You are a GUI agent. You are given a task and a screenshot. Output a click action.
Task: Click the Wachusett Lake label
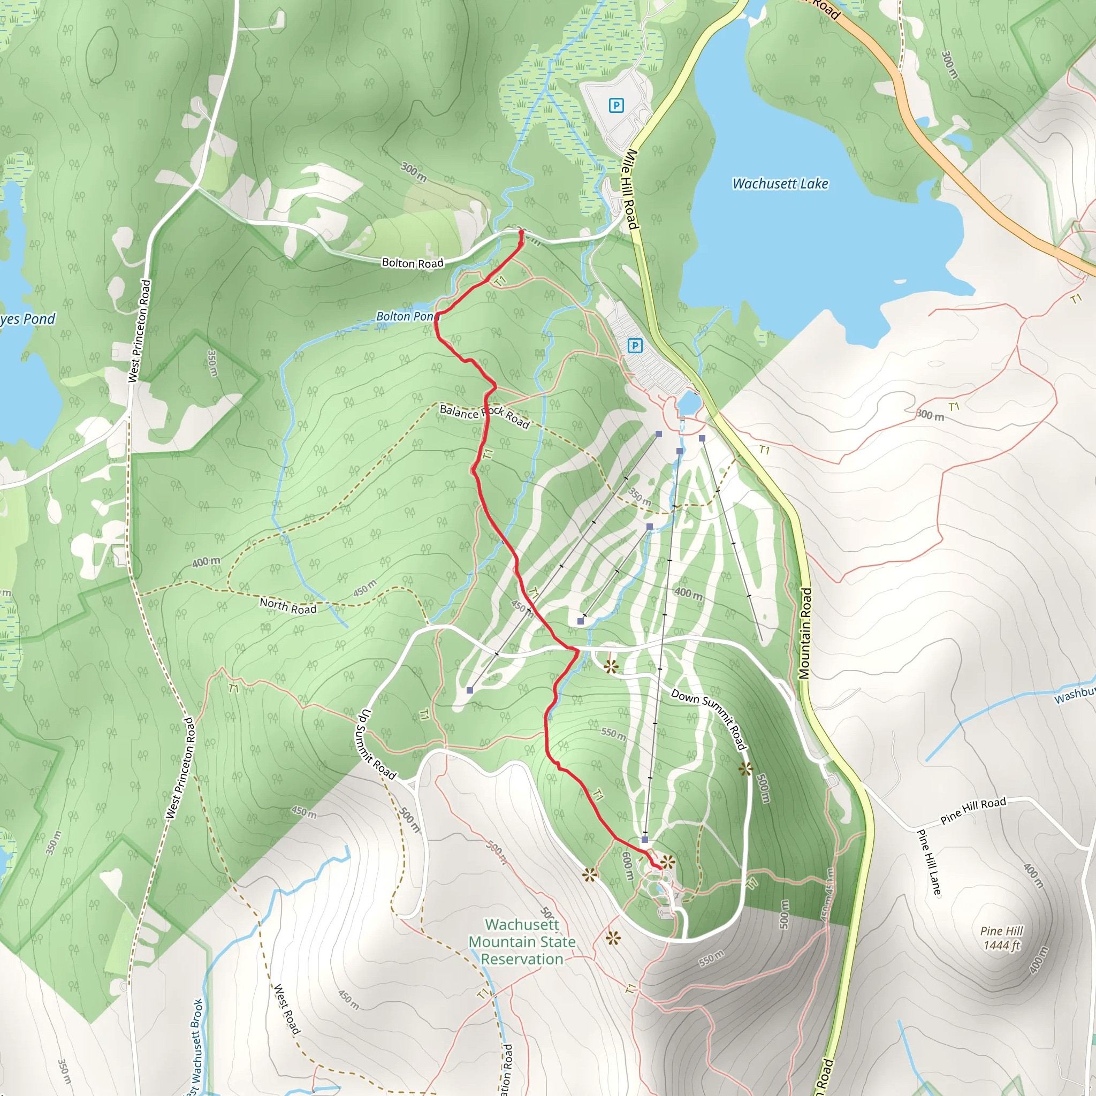(780, 184)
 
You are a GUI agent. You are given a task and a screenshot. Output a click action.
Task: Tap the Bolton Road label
(413, 263)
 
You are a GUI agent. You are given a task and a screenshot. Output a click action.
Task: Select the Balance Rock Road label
(484, 416)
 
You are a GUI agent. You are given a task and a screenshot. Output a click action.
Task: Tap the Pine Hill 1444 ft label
(1001, 938)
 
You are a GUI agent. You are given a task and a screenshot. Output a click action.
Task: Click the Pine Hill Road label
(973, 810)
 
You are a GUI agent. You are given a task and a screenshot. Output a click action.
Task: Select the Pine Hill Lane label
(928, 862)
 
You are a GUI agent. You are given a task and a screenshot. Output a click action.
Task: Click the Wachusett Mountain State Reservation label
(522, 942)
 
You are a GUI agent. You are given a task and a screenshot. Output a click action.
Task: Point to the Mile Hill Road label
(631, 189)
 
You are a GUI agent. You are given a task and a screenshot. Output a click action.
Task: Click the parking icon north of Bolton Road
(616, 105)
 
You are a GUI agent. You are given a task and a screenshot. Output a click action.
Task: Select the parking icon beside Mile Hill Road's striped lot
(635, 346)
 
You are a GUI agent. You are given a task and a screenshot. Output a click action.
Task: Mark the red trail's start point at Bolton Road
(521, 232)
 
